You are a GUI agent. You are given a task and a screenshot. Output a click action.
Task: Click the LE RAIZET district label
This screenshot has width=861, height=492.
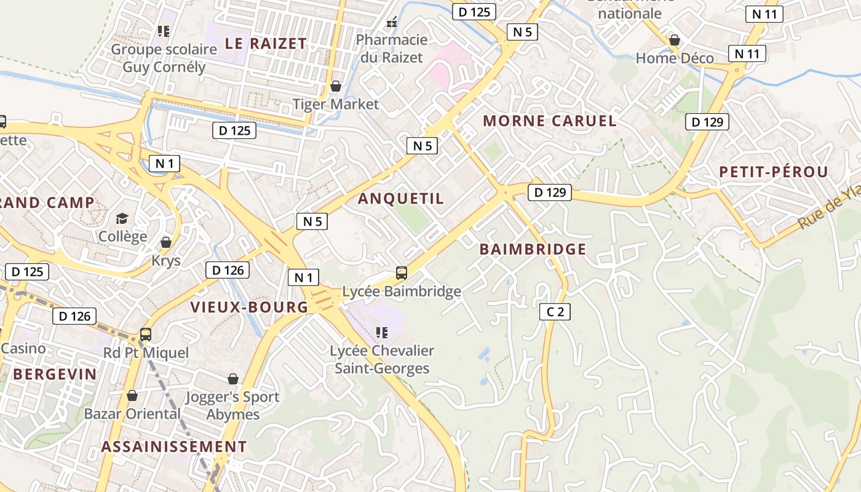(x=265, y=43)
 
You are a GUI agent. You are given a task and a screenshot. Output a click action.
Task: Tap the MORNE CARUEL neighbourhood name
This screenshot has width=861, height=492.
(x=550, y=121)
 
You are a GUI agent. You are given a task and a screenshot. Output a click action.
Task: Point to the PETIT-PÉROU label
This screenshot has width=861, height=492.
(x=774, y=172)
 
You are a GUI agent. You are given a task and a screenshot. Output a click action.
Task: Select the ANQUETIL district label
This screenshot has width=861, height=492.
(x=400, y=198)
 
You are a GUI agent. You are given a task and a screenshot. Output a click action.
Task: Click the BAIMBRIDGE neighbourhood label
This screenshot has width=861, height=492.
(x=533, y=249)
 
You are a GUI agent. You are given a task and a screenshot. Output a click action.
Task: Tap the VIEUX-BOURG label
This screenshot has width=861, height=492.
(x=249, y=307)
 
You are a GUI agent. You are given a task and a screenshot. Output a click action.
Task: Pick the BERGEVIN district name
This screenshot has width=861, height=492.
(x=55, y=374)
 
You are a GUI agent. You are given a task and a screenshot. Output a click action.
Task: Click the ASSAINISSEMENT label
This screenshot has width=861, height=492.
(x=174, y=446)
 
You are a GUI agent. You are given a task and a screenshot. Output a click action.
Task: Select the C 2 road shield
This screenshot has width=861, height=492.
(x=555, y=312)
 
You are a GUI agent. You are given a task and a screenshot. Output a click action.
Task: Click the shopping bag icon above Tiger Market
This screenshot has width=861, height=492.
(x=336, y=85)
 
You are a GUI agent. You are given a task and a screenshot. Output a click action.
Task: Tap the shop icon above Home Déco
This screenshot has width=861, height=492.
(x=675, y=40)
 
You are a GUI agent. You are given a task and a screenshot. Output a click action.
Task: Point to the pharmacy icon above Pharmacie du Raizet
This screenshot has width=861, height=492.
(x=392, y=22)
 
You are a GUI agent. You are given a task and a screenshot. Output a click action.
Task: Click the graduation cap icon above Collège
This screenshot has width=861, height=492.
(x=122, y=218)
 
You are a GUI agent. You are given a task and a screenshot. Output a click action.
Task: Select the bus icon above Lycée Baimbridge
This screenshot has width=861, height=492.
(x=402, y=272)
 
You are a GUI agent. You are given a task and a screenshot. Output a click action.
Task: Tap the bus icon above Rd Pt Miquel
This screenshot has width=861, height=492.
(x=146, y=334)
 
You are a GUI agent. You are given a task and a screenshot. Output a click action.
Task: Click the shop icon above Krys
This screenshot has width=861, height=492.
(x=166, y=242)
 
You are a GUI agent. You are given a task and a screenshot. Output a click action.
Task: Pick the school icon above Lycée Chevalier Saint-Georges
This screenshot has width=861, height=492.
(x=382, y=333)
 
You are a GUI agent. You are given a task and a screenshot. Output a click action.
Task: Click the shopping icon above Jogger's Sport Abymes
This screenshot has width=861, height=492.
(x=233, y=379)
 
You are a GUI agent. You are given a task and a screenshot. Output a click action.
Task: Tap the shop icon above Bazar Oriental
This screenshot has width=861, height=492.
(x=132, y=395)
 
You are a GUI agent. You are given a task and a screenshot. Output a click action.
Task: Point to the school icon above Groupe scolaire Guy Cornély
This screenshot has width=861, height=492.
(x=164, y=31)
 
